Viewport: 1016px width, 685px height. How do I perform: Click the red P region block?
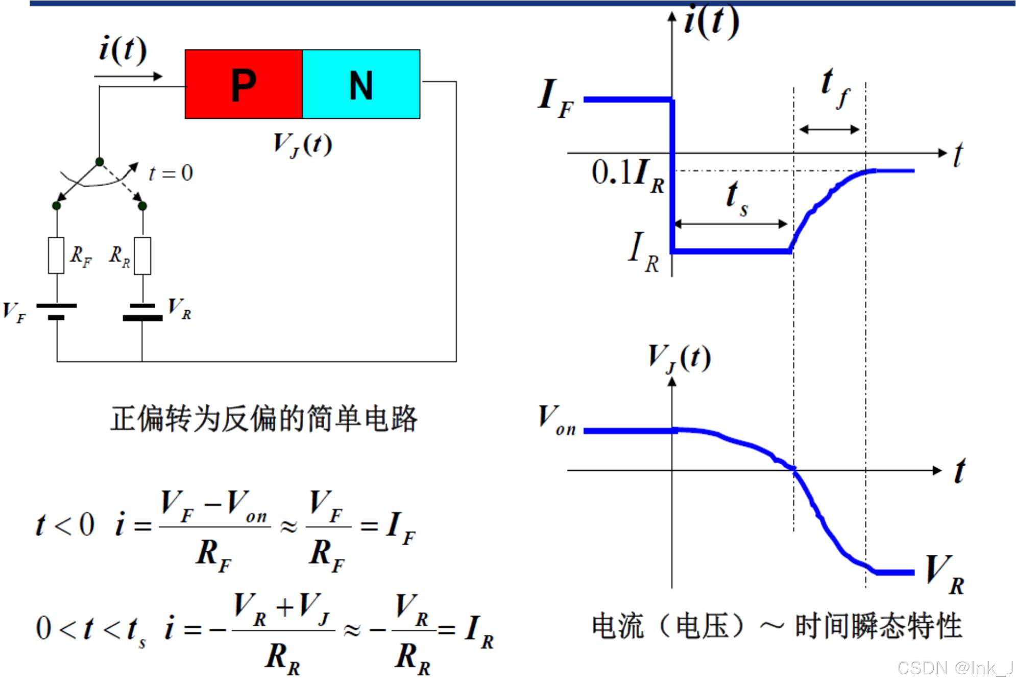pyautogui.click(x=244, y=84)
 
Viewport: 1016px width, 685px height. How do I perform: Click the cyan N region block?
pyautogui.click(x=361, y=84)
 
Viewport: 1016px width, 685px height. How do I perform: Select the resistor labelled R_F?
pyautogui.click(x=56, y=256)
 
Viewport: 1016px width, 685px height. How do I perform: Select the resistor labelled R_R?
pyautogui.click(x=142, y=256)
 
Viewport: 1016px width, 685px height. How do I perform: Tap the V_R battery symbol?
pyautogui.click(x=142, y=312)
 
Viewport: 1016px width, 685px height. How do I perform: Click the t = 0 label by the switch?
pyautogui.click(x=171, y=173)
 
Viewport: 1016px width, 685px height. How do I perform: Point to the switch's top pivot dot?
pyautogui.click(x=100, y=162)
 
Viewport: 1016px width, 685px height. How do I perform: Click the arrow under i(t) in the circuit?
pyautogui.click(x=128, y=77)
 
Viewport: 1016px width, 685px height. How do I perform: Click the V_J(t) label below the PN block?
pyautogui.click(x=302, y=144)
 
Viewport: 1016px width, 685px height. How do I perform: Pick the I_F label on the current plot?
pyautogui.click(x=555, y=98)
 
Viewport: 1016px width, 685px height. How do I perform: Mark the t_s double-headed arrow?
pyautogui.click(x=731, y=223)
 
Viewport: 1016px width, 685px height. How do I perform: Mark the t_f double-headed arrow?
pyautogui.click(x=829, y=130)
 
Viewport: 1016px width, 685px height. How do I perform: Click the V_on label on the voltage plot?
pyautogui.click(x=557, y=420)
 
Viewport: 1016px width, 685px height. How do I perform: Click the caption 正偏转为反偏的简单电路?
pyautogui.click(x=264, y=419)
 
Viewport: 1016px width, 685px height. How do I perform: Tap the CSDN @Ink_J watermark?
pyautogui.click(x=955, y=668)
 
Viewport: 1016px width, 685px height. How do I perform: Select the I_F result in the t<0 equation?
pyautogui.click(x=401, y=528)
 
